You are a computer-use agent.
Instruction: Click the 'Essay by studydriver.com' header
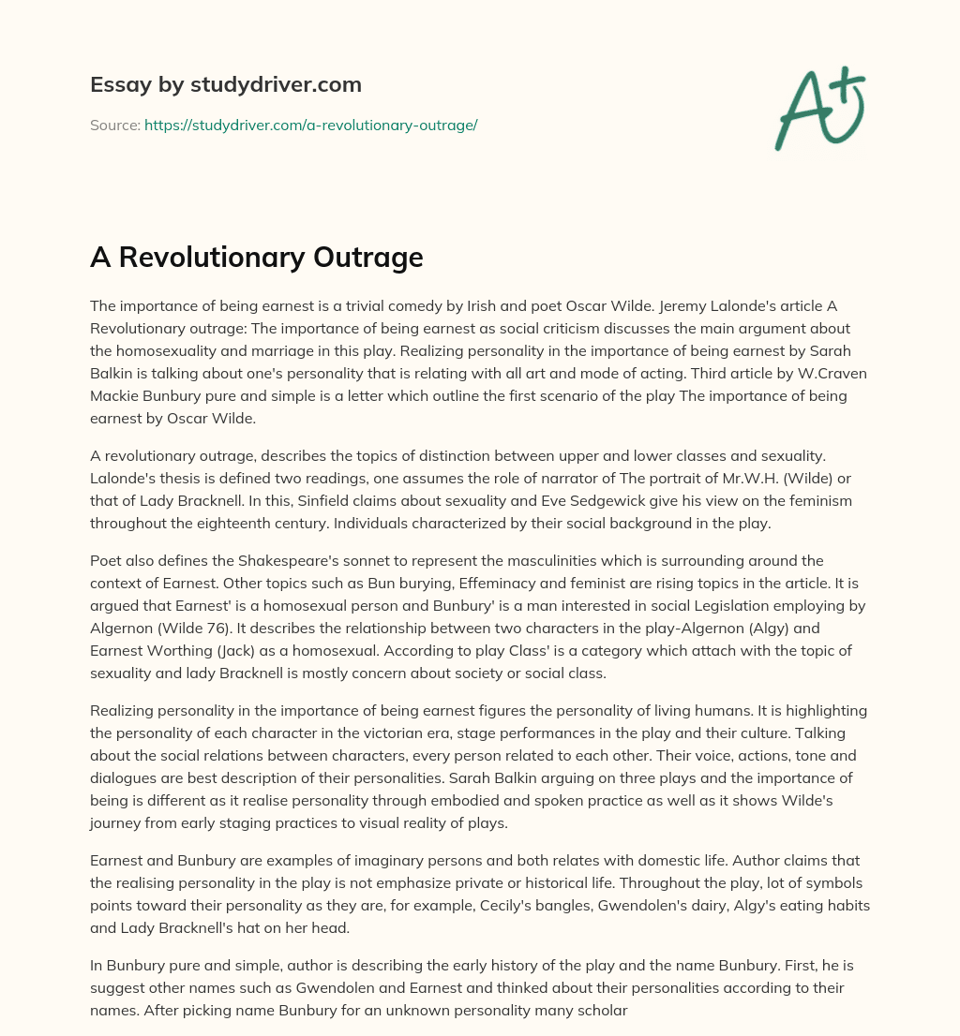point(225,84)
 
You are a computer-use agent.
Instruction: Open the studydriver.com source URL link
point(310,125)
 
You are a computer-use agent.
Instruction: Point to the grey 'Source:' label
point(114,125)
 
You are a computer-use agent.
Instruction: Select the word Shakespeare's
point(274,560)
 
